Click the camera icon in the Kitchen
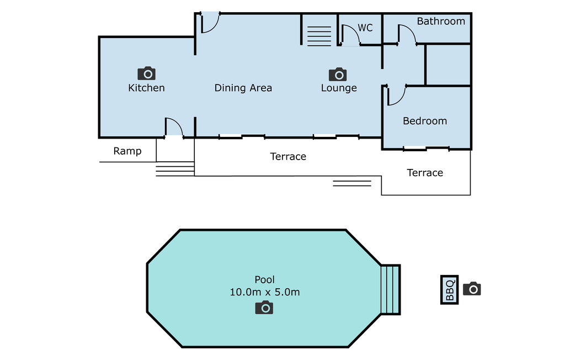(x=147, y=73)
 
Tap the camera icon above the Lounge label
(x=338, y=74)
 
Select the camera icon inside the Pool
(x=264, y=308)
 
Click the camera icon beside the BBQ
(x=472, y=289)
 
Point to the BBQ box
(x=449, y=290)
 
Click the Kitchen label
(x=146, y=88)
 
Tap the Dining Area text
(x=243, y=88)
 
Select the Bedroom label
(x=425, y=121)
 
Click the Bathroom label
(x=441, y=22)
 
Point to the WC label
(x=365, y=28)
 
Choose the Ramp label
(x=127, y=151)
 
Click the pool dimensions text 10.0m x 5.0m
(x=265, y=292)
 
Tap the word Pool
(x=265, y=279)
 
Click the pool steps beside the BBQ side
(x=391, y=290)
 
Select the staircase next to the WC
(x=319, y=36)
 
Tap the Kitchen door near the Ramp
(x=174, y=127)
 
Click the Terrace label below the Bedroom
(x=425, y=173)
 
